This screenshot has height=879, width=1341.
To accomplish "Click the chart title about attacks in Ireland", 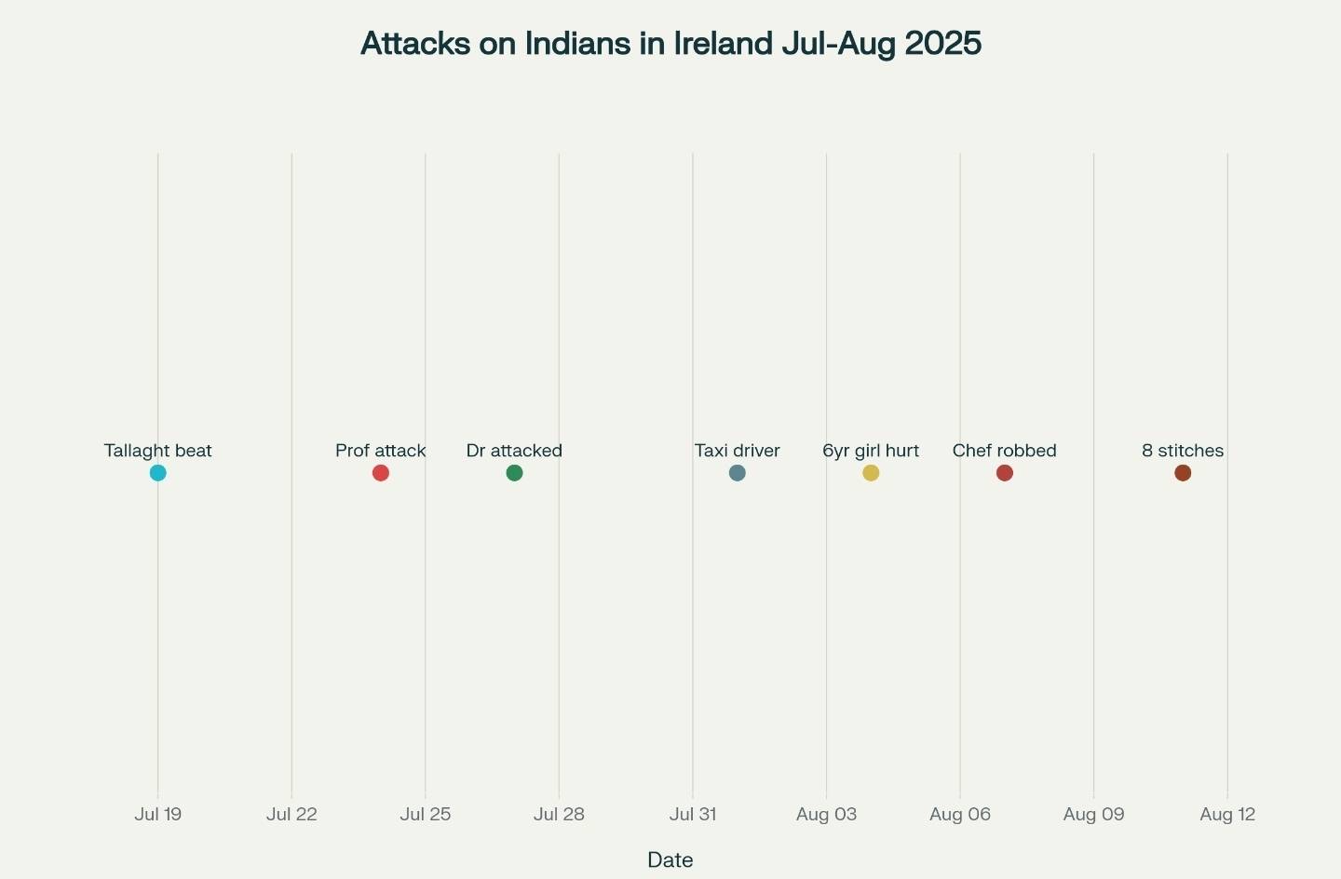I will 670,44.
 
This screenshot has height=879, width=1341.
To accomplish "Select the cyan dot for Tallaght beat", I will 158,473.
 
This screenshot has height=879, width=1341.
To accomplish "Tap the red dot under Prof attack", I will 381,473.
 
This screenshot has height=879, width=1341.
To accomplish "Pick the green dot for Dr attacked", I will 514,473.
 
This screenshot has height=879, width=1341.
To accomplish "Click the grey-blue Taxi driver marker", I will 737,473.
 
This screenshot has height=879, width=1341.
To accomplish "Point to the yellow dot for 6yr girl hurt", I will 871,473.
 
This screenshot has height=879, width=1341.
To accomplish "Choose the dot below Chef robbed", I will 1004,473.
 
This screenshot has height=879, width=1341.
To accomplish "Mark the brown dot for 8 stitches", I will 1183,473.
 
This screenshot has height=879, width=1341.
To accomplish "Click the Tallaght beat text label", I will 158,451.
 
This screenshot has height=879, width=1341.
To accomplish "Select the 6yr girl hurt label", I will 871,451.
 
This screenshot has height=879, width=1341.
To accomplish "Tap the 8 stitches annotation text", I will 1183,451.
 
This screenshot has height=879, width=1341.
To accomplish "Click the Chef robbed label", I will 1004,451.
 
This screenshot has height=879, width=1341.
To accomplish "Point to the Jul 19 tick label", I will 158,814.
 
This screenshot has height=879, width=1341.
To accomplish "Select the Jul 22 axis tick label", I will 291,814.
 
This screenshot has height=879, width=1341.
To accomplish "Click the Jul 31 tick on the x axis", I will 693,814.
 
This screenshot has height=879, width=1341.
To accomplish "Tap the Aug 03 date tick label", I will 826,814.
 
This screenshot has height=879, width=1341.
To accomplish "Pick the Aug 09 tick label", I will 1093,814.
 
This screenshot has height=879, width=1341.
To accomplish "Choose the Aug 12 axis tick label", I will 1227,814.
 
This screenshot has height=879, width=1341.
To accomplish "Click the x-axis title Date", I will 670,859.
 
